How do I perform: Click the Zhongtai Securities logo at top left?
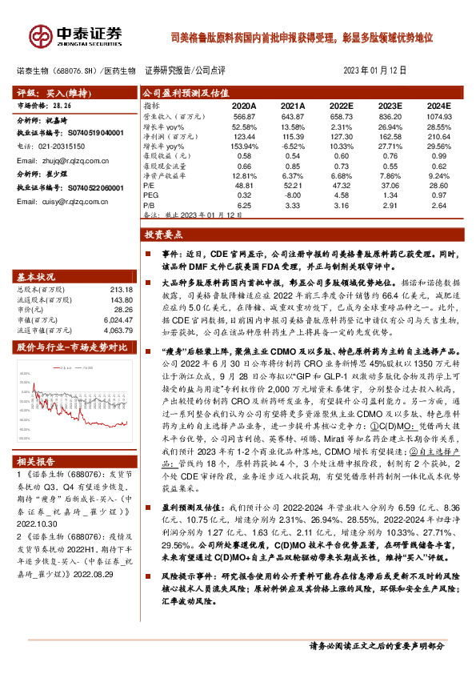point(76,36)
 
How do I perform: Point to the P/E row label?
point(150,185)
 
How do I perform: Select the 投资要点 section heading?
point(164,236)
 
